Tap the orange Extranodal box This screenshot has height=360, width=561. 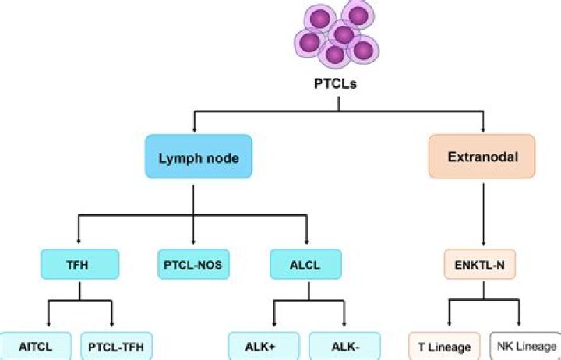(x=484, y=157)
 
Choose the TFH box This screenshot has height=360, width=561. (x=80, y=265)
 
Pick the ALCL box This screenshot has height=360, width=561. (x=306, y=265)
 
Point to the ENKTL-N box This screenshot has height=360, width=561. (x=485, y=265)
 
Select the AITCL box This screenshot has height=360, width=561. (x=36, y=345)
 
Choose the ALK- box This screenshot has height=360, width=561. (x=344, y=345)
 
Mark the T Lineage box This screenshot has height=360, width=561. (x=445, y=346)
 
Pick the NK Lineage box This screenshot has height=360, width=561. (x=524, y=346)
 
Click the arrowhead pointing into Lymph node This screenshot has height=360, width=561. (x=193, y=129)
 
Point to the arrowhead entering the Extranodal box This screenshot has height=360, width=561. (x=484, y=129)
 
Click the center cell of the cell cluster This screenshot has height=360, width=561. (x=344, y=35)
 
